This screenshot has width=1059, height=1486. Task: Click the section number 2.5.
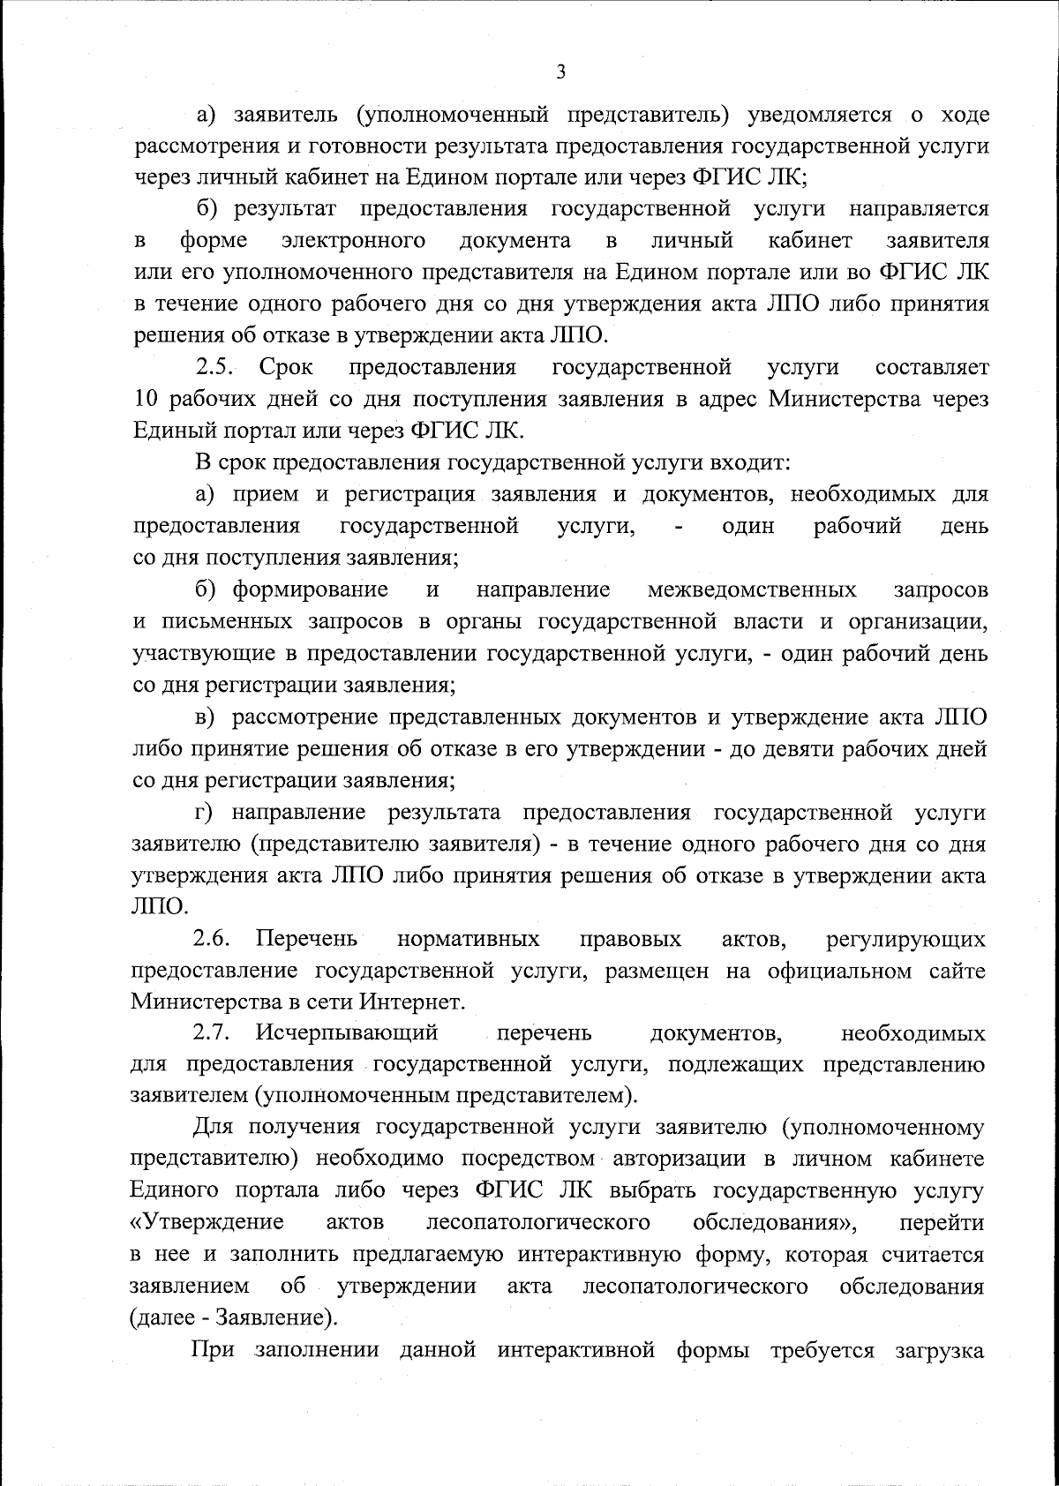[x=215, y=366]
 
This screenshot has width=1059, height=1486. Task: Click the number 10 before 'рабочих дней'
[x=146, y=399]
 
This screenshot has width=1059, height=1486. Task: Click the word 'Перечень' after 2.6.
[x=306, y=939]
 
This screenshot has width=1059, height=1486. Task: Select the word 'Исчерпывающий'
[x=347, y=1032]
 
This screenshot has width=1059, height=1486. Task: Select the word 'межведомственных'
[x=751, y=589]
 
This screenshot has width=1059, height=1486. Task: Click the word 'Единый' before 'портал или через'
[x=176, y=431]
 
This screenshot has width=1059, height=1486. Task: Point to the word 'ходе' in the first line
[x=963, y=115]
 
